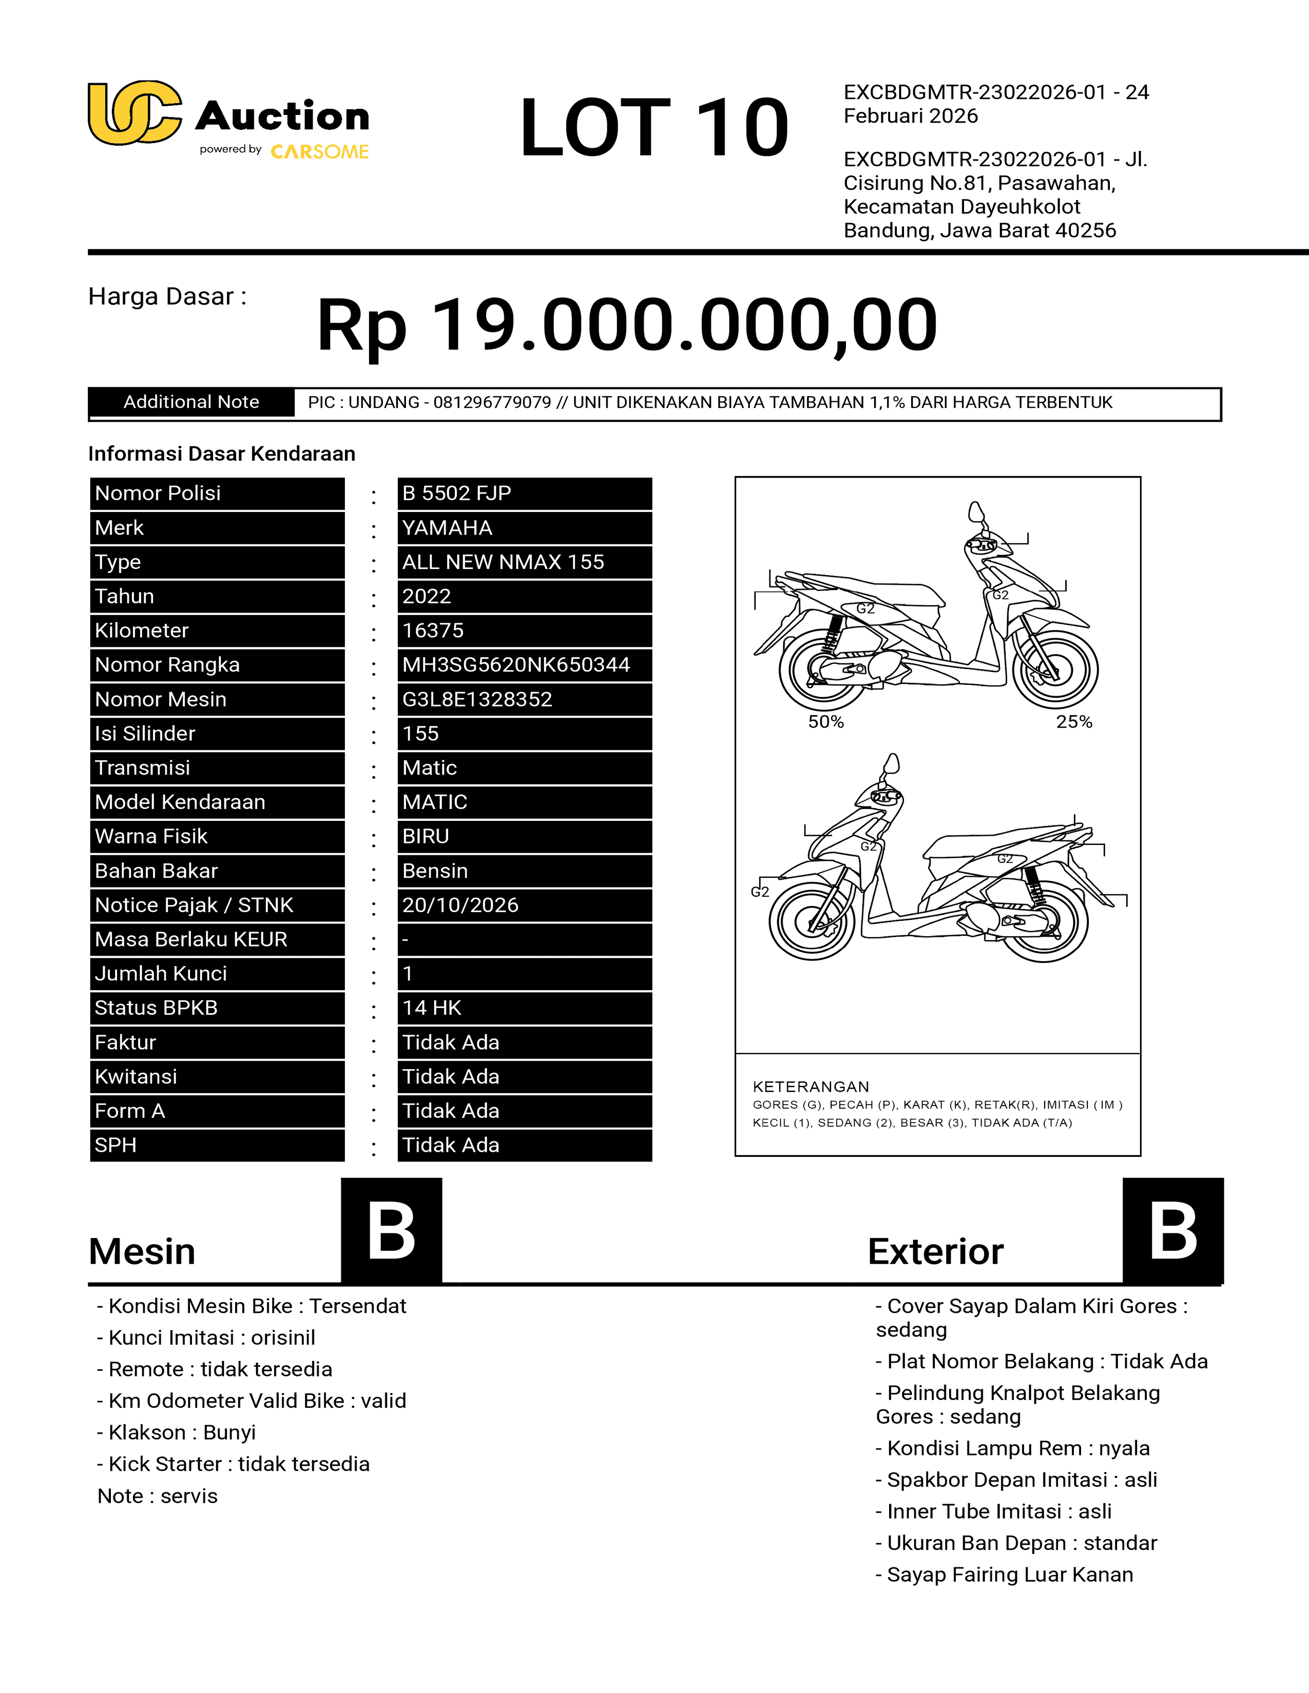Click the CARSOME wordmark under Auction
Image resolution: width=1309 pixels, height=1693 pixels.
pos(319,152)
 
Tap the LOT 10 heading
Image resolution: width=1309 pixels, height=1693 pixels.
pos(653,128)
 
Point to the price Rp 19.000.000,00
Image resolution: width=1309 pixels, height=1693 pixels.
pos(627,325)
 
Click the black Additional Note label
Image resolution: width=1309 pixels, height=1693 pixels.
pos(191,402)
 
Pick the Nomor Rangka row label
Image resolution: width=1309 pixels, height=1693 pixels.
pos(167,665)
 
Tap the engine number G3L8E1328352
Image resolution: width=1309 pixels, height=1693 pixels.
pos(477,699)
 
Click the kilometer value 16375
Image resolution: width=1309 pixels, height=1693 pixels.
pos(433,631)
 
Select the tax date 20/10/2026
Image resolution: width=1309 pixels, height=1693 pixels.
pos(460,905)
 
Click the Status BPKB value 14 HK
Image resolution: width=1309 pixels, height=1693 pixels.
pos(432,1008)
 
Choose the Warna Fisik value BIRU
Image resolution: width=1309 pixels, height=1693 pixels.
pos(426,836)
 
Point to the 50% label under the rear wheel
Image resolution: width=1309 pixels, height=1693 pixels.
pos(826,722)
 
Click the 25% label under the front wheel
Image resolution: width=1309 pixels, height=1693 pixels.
pos(1074,722)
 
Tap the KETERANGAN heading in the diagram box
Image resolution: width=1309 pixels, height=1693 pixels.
pos(811,1087)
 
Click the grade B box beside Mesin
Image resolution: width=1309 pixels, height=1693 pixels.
pos(392,1231)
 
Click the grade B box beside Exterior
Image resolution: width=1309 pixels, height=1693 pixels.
pos(1172,1231)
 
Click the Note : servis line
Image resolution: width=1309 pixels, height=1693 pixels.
pos(158,1496)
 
